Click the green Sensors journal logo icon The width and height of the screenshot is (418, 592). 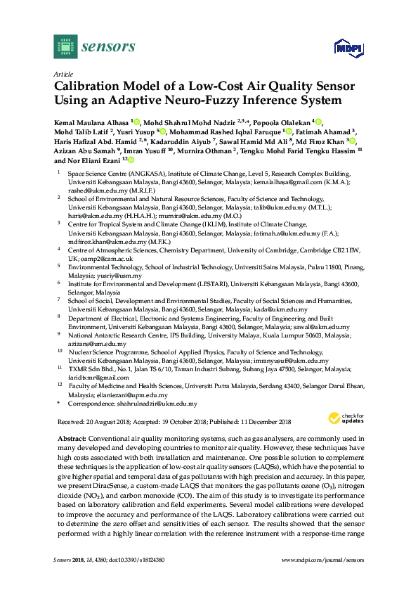(65, 46)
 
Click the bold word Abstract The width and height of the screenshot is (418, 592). (71, 437)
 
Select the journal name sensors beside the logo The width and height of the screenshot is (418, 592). (109, 47)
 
